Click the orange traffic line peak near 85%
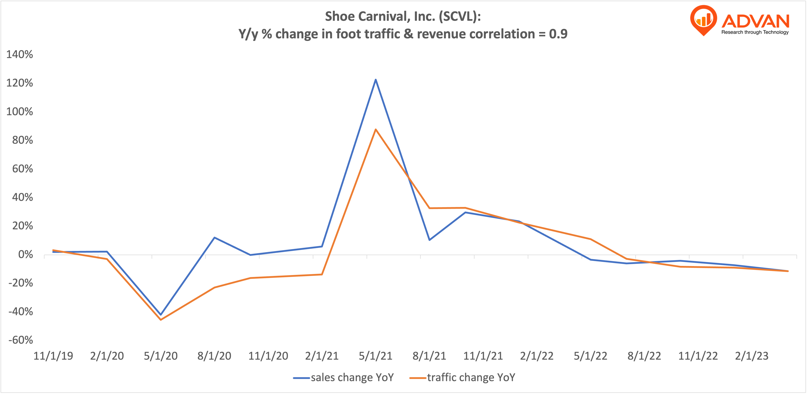tap(376, 129)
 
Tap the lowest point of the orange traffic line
tap(161, 320)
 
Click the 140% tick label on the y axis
tap(20, 55)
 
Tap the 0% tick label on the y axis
tap(25, 255)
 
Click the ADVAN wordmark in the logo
tap(755, 21)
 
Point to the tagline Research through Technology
tap(755, 32)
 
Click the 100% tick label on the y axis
tap(20, 112)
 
